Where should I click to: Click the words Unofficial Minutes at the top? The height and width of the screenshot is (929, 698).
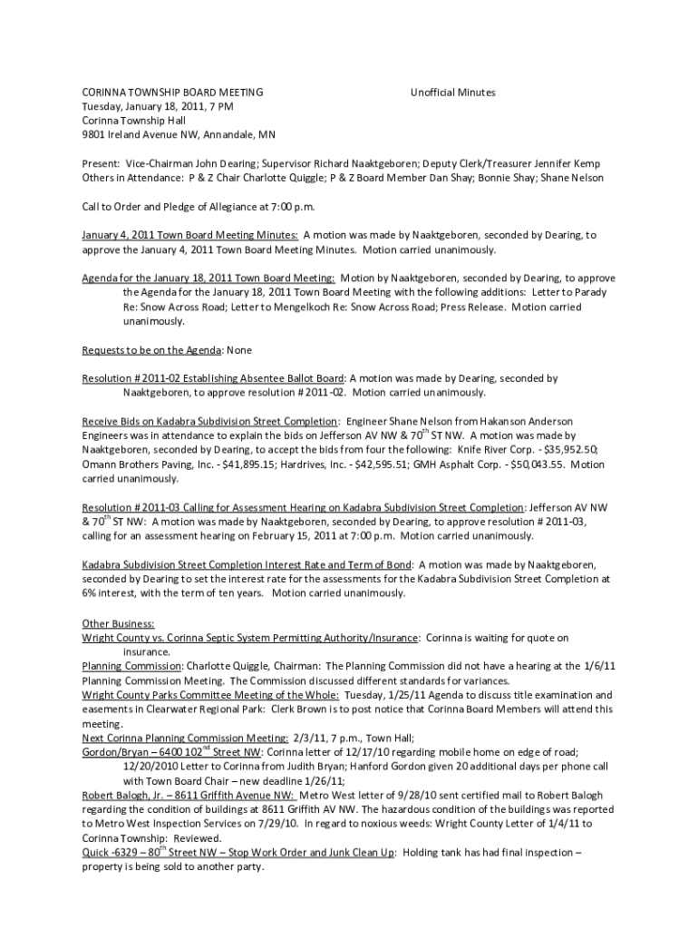click(x=452, y=93)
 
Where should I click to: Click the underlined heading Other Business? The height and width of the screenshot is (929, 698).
click(x=118, y=624)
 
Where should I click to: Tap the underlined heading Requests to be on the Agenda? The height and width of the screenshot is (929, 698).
click(x=151, y=349)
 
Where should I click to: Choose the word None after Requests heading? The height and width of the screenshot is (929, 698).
click(x=239, y=349)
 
